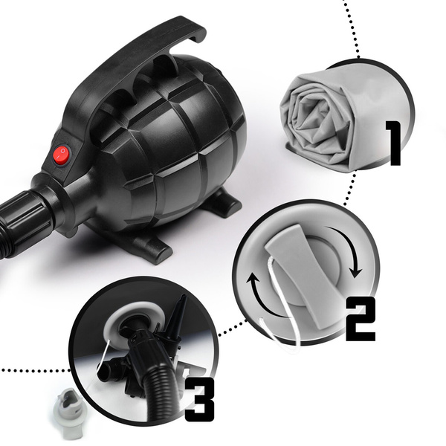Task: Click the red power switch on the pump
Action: (x=62, y=155)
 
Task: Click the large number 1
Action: (x=393, y=143)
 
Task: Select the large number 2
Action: (x=361, y=319)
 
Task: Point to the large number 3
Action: (x=199, y=399)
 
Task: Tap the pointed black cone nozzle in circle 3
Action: (x=177, y=319)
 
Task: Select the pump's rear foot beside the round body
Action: (x=221, y=202)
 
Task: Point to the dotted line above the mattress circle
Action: (x=352, y=28)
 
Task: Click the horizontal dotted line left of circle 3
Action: (x=35, y=370)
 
